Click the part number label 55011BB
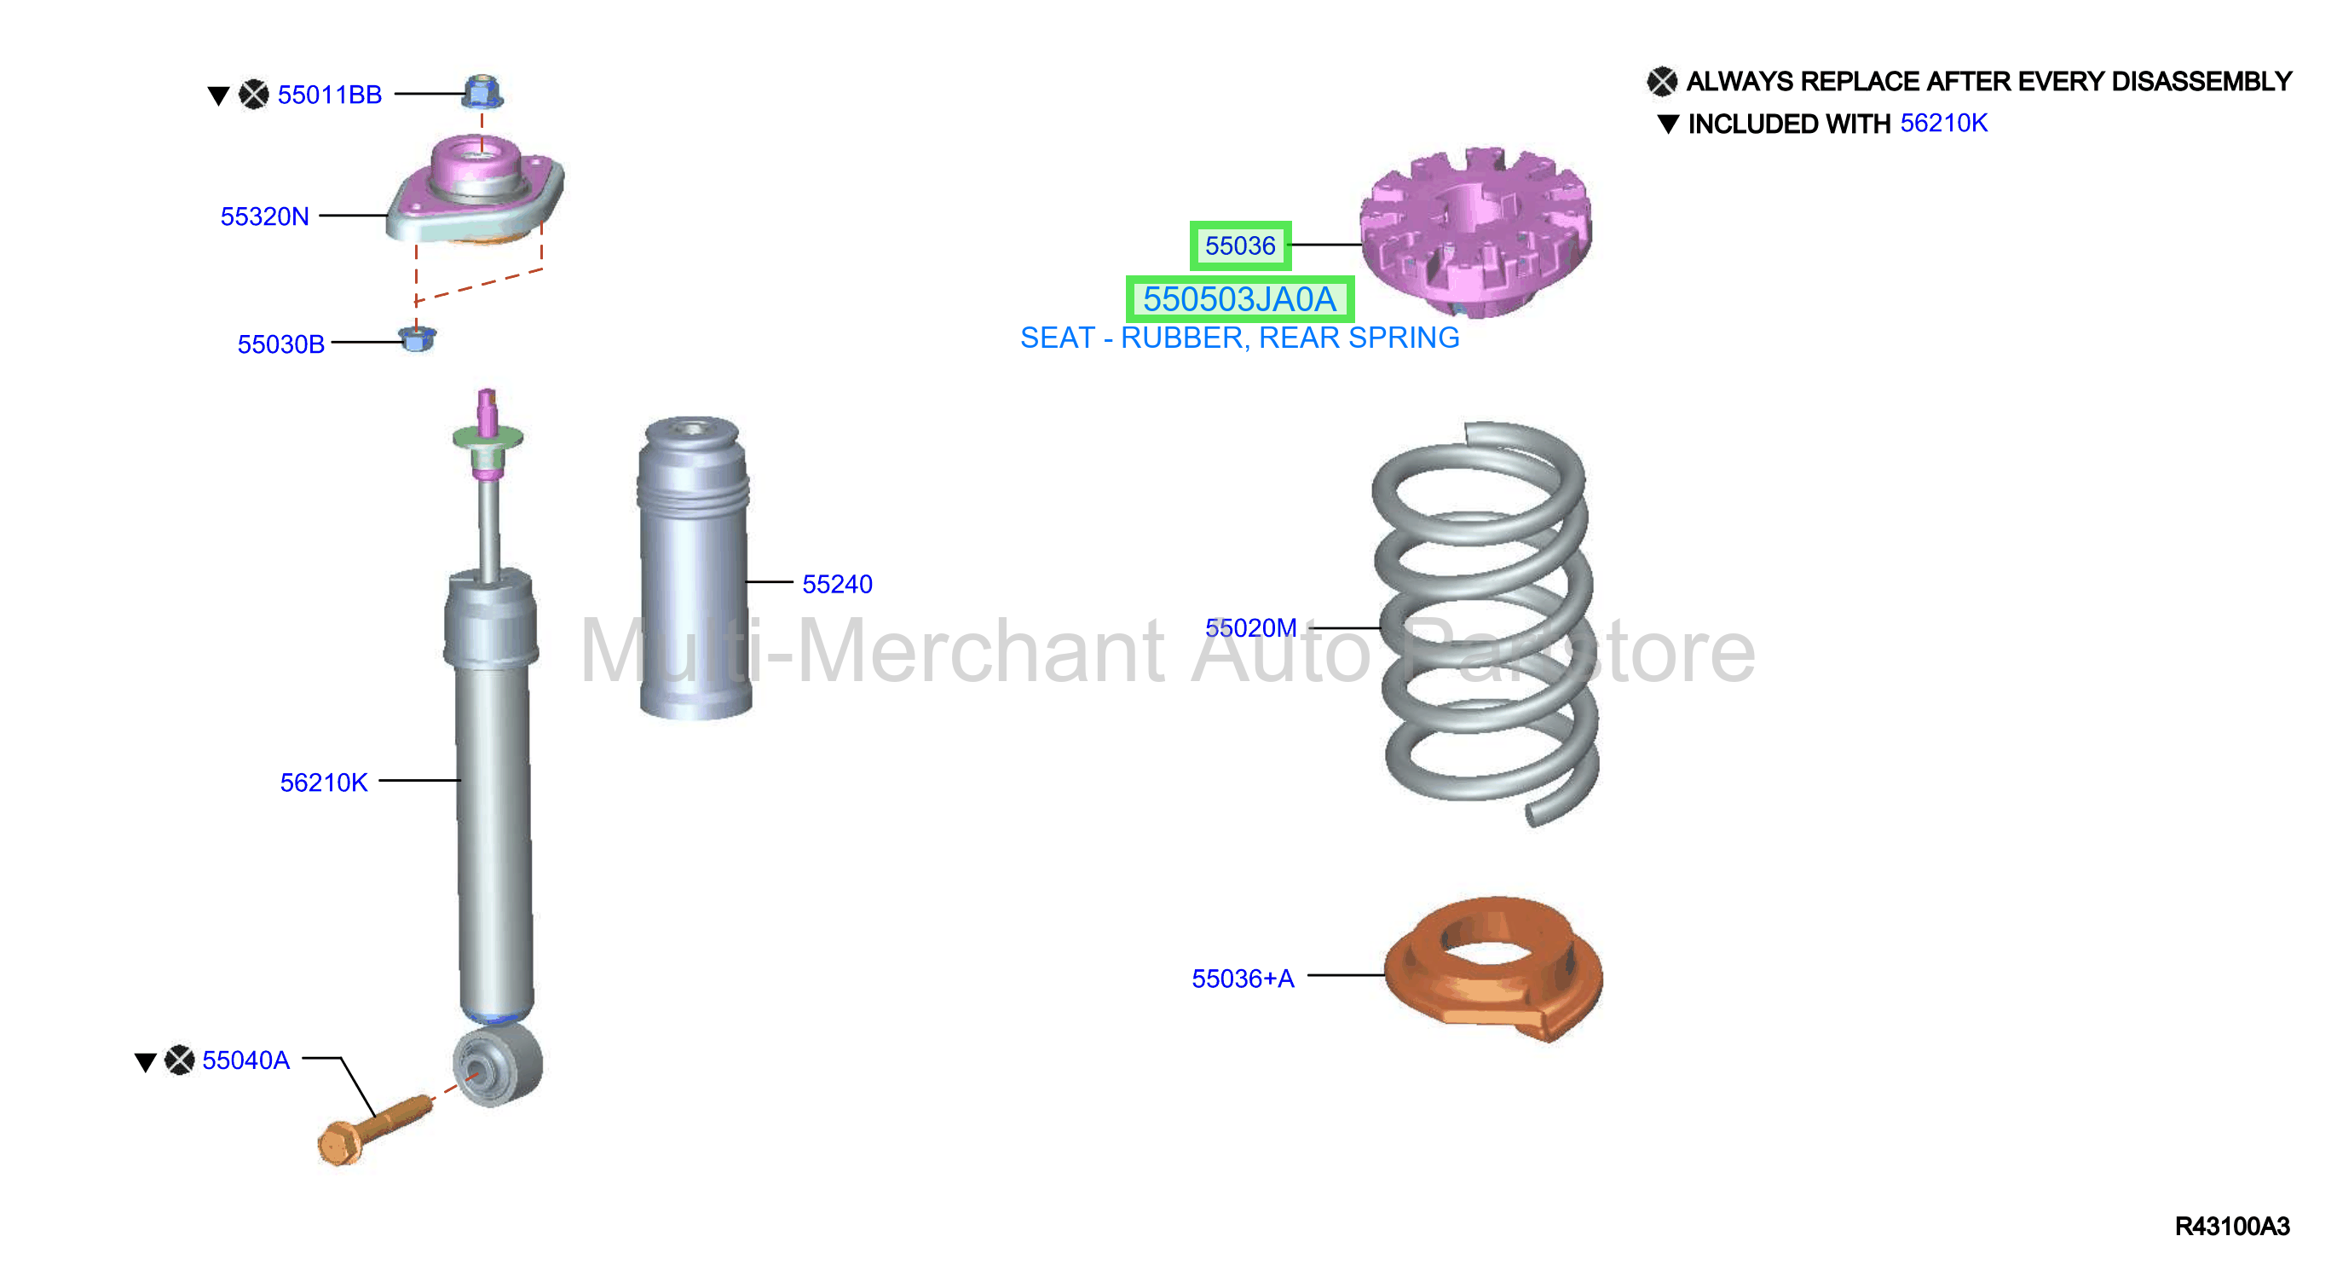(x=329, y=95)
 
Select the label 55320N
(x=264, y=216)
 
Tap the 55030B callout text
(x=281, y=344)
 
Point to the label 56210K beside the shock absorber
(x=324, y=783)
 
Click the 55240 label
(x=836, y=584)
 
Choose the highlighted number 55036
(x=1239, y=245)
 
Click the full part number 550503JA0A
(x=1239, y=298)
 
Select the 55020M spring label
(x=1250, y=627)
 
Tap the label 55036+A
(x=1242, y=979)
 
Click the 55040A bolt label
(x=245, y=1060)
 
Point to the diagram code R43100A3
(x=2232, y=1226)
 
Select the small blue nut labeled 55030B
(x=418, y=338)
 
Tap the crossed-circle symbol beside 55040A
(x=180, y=1059)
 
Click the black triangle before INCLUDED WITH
(x=1667, y=124)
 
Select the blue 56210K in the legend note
(x=1943, y=123)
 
